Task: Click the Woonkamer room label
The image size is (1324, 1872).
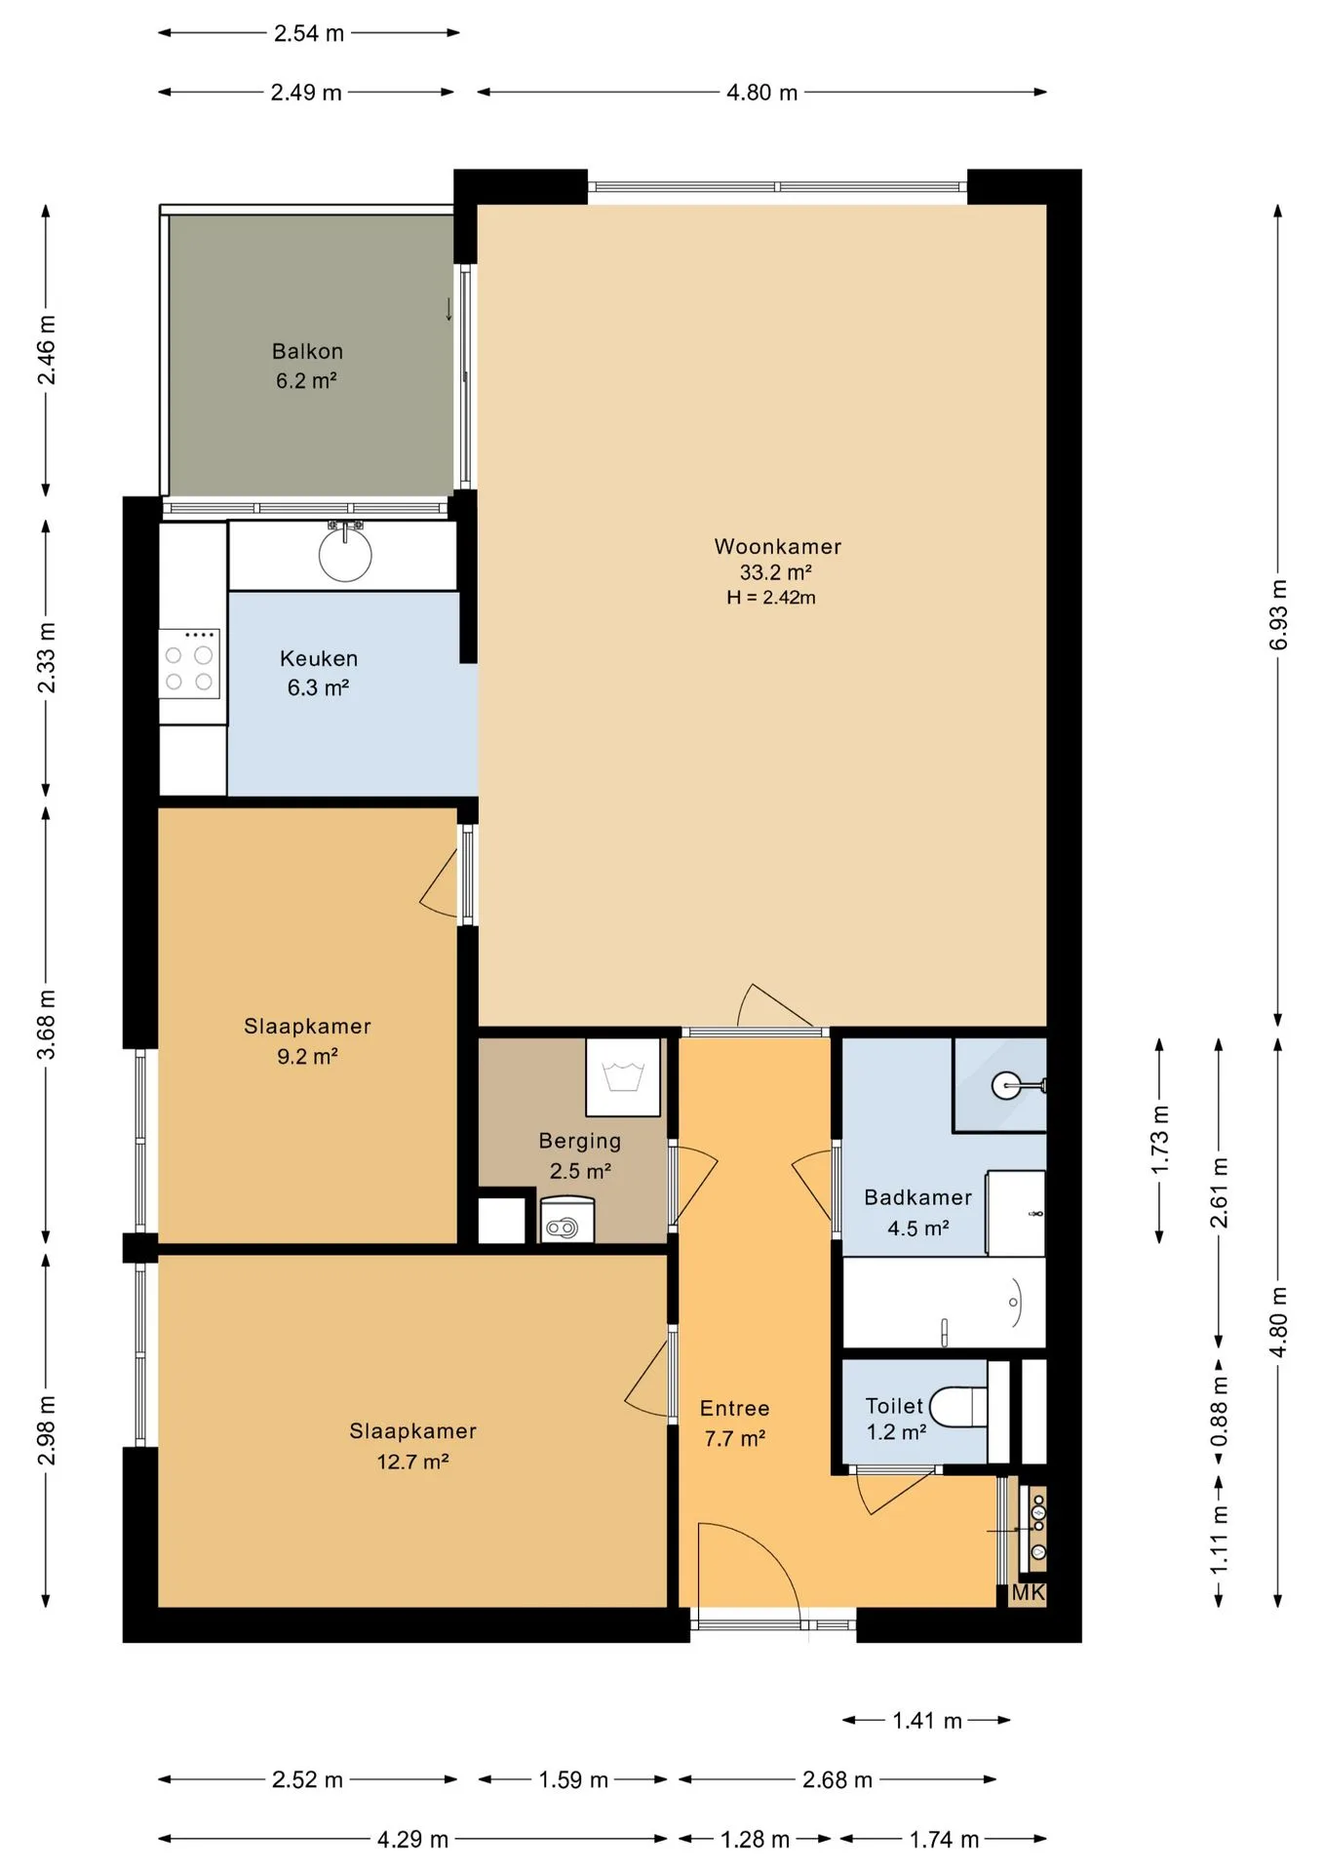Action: [777, 547]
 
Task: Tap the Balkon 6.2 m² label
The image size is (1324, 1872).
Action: [307, 366]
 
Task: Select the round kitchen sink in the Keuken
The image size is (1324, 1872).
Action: [345, 554]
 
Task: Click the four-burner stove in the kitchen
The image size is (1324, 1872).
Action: [189, 663]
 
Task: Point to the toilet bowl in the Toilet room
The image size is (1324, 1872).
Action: [958, 1407]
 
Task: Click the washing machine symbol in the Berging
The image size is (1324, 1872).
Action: [623, 1077]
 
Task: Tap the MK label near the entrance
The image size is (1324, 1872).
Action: [1028, 1592]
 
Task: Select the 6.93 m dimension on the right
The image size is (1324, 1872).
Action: [1279, 614]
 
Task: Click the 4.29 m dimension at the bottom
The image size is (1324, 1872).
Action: [412, 1840]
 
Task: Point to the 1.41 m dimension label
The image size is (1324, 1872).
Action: [927, 1721]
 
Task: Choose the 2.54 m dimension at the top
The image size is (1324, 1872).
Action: [309, 33]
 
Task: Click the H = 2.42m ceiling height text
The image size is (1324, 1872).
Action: [771, 598]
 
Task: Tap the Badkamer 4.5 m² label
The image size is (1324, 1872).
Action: [917, 1213]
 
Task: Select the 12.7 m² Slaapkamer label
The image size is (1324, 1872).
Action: [412, 1446]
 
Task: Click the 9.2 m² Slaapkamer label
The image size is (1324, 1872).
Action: [307, 1041]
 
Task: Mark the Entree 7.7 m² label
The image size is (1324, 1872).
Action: [735, 1423]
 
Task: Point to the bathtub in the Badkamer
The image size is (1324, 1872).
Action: [944, 1303]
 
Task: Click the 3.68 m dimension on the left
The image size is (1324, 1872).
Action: [46, 1024]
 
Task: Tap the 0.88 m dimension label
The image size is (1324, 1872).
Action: [1220, 1412]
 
